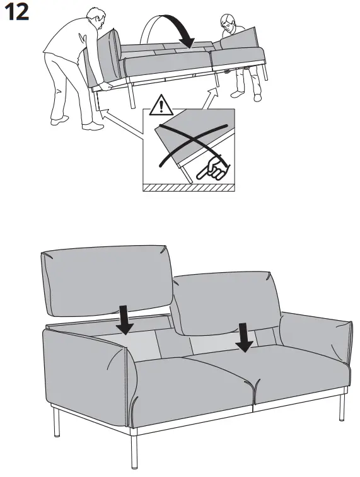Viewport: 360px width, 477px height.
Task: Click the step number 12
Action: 18,13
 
